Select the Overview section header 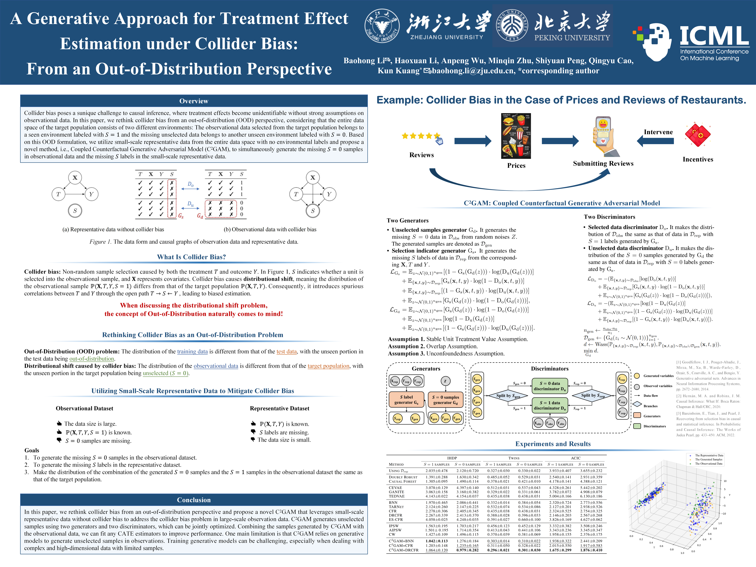click(x=194, y=101)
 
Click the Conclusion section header click(x=194, y=500)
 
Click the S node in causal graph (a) click(x=75, y=210)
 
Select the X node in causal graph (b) click(x=312, y=177)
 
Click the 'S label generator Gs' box click(x=406, y=399)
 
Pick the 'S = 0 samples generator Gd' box click(x=445, y=399)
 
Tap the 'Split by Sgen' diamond click(x=508, y=396)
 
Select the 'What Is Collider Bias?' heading click(x=191, y=257)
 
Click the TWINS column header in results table click(x=514, y=458)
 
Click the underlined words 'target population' click(x=328, y=366)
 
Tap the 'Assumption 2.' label click(x=403, y=346)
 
